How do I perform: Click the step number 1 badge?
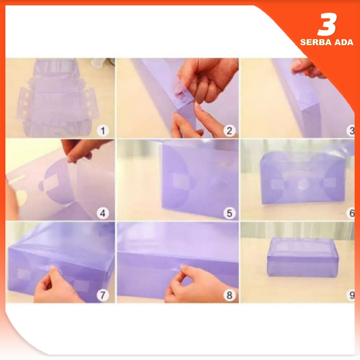103,131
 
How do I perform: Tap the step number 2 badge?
229,131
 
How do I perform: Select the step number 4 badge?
103,213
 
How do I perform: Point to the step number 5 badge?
229,213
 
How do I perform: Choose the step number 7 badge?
103,295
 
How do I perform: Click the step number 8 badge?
229,295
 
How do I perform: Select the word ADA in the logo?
344,42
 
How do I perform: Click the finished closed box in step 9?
303,257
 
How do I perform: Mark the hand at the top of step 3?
308,68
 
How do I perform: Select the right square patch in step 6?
330,184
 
